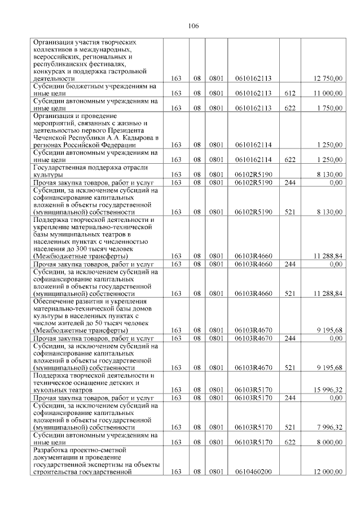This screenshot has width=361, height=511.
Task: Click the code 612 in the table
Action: [x=290, y=93]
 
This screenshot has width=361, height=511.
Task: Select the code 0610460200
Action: [x=253, y=471]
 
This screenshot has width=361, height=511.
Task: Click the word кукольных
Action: [x=50, y=389]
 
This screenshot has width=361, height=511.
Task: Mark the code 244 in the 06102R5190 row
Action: [x=290, y=182]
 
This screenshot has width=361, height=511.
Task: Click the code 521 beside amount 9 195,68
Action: [x=290, y=367]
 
